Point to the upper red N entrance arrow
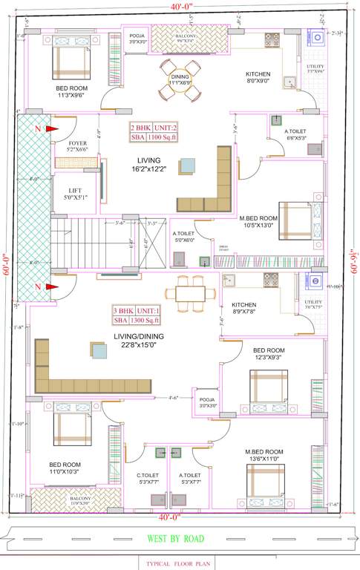pos(52,129)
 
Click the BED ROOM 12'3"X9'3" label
pos(269,354)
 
